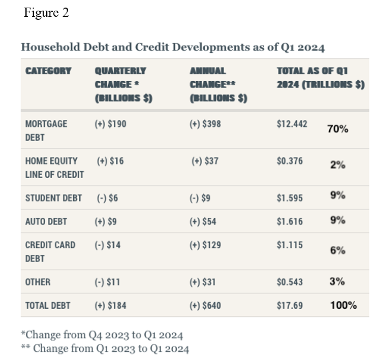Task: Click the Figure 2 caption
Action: click(46, 13)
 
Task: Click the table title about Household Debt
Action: click(173, 47)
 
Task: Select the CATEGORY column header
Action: click(48, 71)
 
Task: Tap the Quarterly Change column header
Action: click(123, 84)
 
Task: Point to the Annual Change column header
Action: click(218, 84)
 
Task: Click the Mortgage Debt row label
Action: click(46, 130)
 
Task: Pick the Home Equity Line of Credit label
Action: click(54, 168)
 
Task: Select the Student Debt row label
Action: click(53, 198)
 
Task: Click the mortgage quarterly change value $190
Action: click(110, 123)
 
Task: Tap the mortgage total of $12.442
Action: click(292, 123)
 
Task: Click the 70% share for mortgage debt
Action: click(337, 129)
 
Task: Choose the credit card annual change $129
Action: click(205, 245)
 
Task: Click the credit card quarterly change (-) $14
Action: click(107, 245)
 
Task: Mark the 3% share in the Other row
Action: click(337, 281)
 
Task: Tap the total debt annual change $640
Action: click(205, 306)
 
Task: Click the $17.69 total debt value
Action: click(290, 306)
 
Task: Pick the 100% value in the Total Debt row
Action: click(343, 305)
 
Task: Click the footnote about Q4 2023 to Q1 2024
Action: click(102, 335)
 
